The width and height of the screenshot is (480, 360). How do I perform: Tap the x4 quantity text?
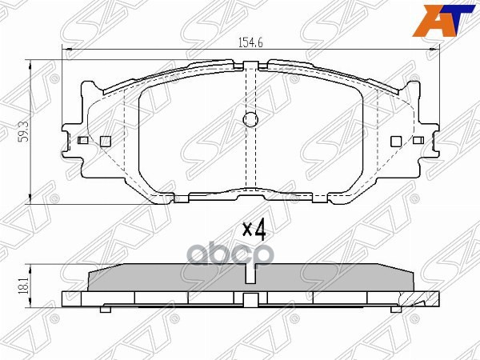pos(253,230)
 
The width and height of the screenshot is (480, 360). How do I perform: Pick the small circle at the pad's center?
pos(249,121)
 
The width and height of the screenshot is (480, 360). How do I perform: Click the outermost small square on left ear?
pos(83,141)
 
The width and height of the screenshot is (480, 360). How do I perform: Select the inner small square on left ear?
pos(105,141)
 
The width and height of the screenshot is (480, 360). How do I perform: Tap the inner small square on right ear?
pos(394,141)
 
